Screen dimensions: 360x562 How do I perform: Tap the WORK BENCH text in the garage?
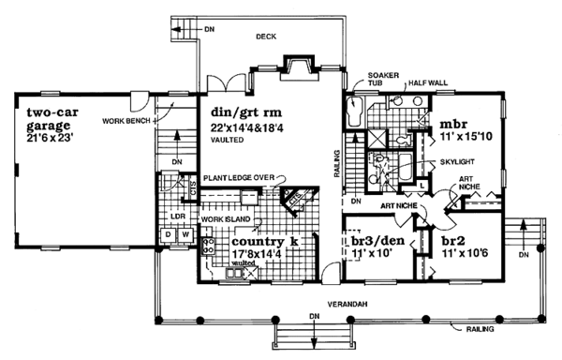tap(126, 122)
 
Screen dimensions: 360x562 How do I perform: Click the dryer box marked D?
tap(168, 232)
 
